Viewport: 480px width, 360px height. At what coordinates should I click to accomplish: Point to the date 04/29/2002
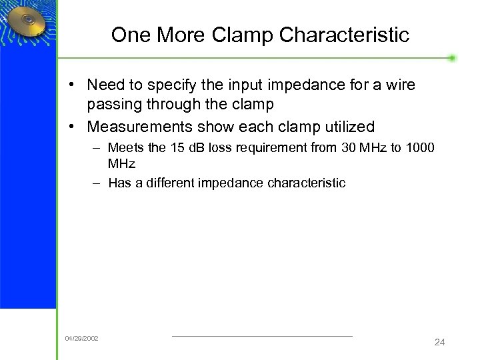tap(81, 339)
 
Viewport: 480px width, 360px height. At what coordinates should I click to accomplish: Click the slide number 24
tap(439, 342)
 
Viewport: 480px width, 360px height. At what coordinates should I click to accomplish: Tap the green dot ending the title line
tap(452, 58)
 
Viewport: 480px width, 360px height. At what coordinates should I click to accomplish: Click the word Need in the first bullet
tap(105, 85)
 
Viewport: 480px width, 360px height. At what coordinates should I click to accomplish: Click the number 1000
tap(419, 147)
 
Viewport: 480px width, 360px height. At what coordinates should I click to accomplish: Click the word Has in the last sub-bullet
tap(119, 183)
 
